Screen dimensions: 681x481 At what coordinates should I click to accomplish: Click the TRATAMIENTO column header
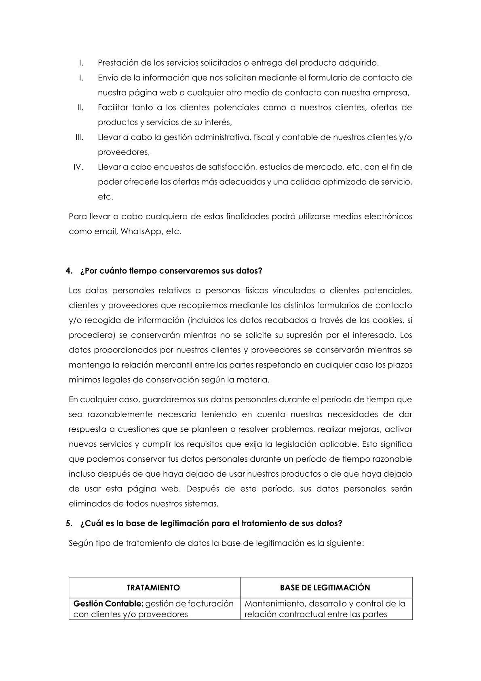click(153, 587)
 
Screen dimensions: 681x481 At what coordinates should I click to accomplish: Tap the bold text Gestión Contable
click(108, 603)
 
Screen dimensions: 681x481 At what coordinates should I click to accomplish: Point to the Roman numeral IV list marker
click(78, 167)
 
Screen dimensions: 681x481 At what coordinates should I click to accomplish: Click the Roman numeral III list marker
click(79, 137)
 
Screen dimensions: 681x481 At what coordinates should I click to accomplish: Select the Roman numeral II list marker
click(80, 107)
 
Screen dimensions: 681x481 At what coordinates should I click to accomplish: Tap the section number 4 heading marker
click(68, 271)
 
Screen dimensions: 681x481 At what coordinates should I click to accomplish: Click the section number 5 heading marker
click(68, 523)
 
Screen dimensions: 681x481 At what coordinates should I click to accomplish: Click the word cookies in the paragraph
click(388, 320)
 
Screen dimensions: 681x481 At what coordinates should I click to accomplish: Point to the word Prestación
click(118, 63)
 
